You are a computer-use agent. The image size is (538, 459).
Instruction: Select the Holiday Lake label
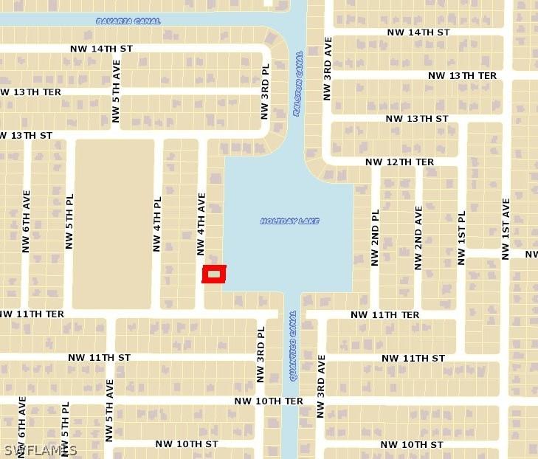click(289, 221)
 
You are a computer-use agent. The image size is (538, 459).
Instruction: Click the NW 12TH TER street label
click(400, 162)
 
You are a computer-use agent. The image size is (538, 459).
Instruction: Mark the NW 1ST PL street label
click(462, 238)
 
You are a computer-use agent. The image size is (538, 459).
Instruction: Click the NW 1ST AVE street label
click(506, 229)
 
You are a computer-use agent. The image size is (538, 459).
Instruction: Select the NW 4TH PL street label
click(157, 224)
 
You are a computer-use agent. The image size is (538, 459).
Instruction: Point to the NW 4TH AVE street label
click(201, 224)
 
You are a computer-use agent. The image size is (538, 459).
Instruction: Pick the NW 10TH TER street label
click(269, 401)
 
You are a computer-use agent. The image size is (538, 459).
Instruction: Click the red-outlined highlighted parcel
click(214, 274)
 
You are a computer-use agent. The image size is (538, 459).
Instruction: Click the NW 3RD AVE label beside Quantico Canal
click(321, 387)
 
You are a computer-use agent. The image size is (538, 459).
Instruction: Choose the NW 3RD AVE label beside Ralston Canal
click(328, 69)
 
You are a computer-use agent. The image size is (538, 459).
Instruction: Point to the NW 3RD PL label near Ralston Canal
click(265, 92)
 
